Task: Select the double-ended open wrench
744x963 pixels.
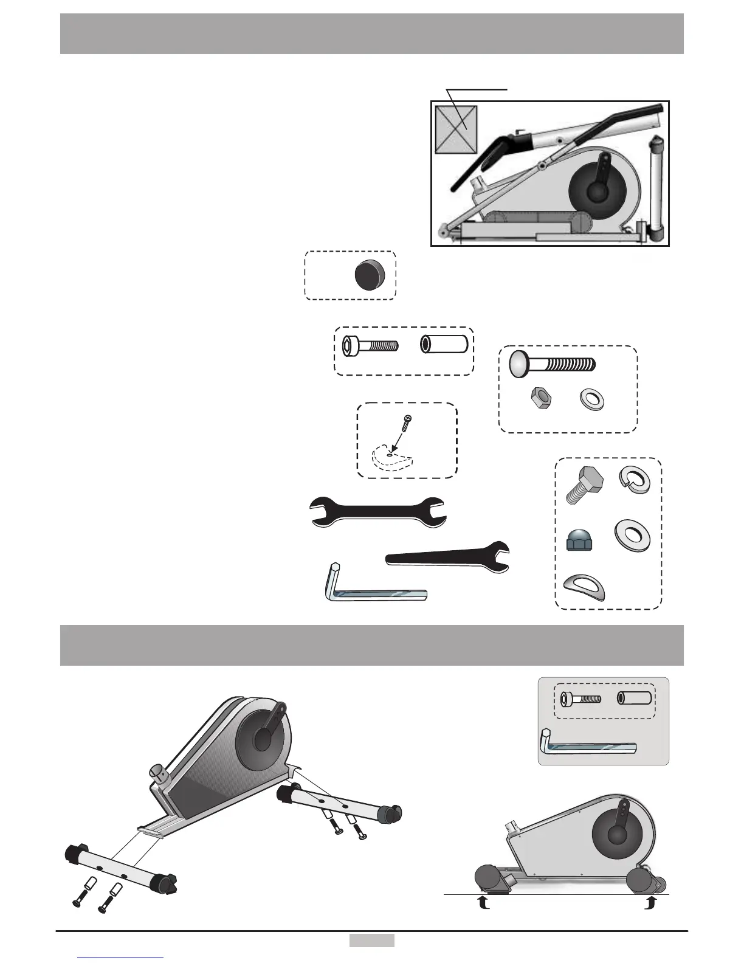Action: pyautogui.click(x=378, y=510)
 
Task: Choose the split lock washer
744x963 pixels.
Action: pyautogui.click(x=633, y=478)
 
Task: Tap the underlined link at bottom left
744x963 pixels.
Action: pyautogui.click(x=122, y=958)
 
